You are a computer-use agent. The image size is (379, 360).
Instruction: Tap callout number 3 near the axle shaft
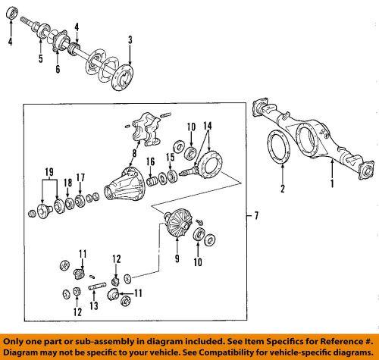(x=130, y=39)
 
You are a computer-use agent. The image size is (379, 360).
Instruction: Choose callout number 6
(x=58, y=69)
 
